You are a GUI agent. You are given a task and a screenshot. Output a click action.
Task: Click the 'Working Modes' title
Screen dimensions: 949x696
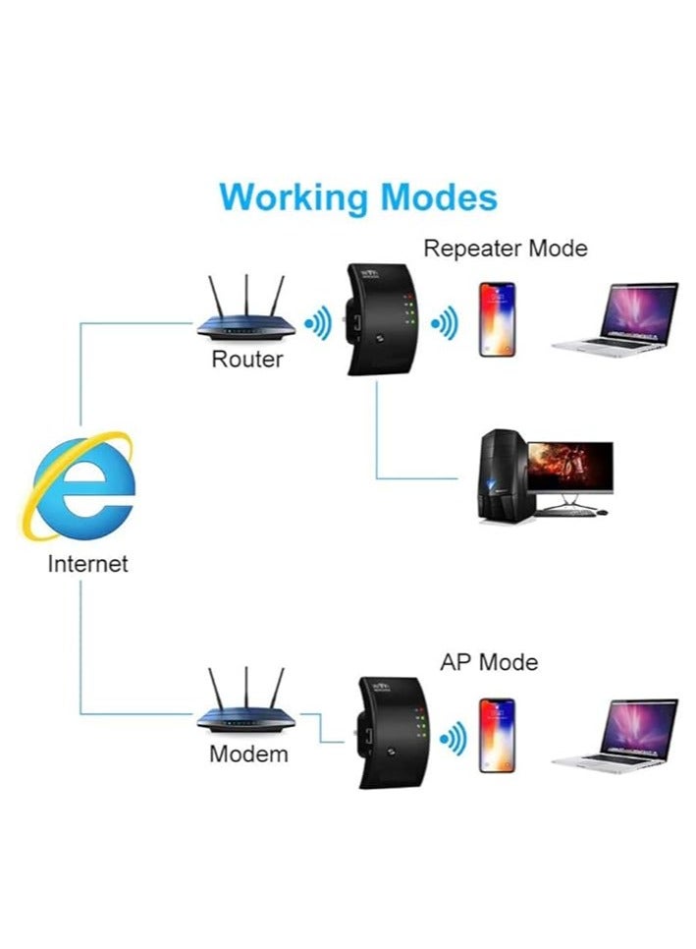(358, 197)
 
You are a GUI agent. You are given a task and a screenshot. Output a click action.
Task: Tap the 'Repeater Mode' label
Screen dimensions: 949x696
(505, 249)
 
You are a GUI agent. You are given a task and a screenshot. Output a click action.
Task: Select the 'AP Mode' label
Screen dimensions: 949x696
(488, 662)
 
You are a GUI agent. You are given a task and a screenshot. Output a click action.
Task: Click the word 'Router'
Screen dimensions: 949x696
(246, 360)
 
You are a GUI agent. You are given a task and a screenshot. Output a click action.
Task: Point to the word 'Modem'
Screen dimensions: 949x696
(248, 754)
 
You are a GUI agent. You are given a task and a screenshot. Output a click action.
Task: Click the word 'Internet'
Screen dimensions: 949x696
(87, 565)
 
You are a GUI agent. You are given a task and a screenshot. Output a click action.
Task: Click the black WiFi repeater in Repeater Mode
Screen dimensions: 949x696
(378, 320)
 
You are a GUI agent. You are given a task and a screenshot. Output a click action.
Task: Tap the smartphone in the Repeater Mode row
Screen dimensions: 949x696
(497, 319)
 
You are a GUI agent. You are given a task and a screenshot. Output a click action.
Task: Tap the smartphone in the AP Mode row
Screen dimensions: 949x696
(497, 734)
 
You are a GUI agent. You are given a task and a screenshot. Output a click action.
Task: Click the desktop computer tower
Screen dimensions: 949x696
(499, 475)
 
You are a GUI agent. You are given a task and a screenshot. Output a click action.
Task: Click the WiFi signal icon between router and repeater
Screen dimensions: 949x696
(318, 324)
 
